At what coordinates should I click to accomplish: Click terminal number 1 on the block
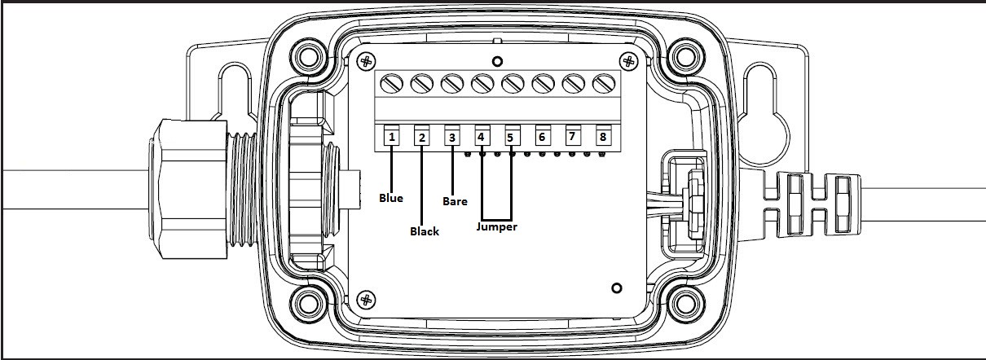pyautogui.click(x=391, y=138)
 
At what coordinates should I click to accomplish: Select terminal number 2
pyautogui.click(x=421, y=138)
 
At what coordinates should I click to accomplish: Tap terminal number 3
pyautogui.click(x=452, y=138)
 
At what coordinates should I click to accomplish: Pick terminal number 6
pyautogui.click(x=542, y=138)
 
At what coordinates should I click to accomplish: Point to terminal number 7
pyautogui.click(x=572, y=137)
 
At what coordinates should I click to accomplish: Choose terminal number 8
pyautogui.click(x=603, y=137)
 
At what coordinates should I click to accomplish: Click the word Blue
pyautogui.click(x=391, y=198)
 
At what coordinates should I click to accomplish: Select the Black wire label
pyautogui.click(x=425, y=231)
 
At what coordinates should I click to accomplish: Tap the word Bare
pyautogui.click(x=455, y=201)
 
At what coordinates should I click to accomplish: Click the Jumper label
pyautogui.click(x=496, y=227)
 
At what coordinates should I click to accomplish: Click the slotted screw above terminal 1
pyautogui.click(x=391, y=84)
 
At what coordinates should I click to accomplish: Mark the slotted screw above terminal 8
pyautogui.click(x=604, y=84)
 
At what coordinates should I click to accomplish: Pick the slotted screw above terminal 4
pyautogui.click(x=482, y=84)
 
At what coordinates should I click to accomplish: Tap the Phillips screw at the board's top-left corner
pyautogui.click(x=366, y=61)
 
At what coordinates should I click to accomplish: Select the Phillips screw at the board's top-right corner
pyautogui.click(x=628, y=61)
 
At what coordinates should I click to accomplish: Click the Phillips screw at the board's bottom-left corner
pyautogui.click(x=366, y=301)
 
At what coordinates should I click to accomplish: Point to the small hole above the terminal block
pyautogui.click(x=497, y=61)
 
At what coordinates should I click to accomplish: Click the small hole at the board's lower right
pyautogui.click(x=617, y=288)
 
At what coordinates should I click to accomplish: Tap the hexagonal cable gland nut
pyautogui.click(x=187, y=189)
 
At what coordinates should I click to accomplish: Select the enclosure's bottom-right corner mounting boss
pyautogui.click(x=685, y=303)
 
